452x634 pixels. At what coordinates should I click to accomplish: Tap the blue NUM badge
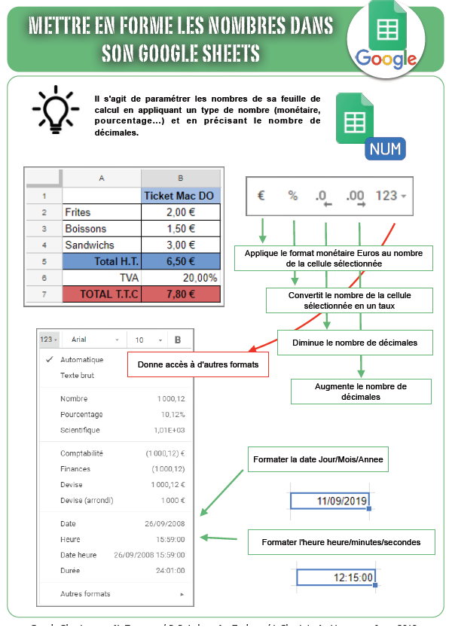point(385,149)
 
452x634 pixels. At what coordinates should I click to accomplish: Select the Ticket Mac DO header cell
point(181,196)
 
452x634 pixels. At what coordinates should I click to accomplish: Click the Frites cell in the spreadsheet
point(102,212)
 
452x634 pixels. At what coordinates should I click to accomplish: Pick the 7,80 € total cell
point(181,294)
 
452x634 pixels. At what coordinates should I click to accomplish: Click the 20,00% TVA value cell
point(181,277)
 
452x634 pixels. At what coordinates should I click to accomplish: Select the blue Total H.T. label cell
point(102,261)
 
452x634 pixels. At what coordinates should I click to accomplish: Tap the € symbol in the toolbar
point(261,196)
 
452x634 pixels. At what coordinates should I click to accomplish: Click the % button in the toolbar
point(293,196)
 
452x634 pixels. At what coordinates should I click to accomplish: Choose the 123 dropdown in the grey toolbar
point(390,196)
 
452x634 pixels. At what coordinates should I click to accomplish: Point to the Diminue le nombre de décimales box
point(355,343)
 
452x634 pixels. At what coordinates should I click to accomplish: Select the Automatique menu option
point(83,360)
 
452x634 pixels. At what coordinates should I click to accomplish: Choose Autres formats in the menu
point(85,594)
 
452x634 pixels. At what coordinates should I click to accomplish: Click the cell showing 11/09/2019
point(330,501)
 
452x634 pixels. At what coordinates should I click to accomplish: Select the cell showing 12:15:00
point(335,578)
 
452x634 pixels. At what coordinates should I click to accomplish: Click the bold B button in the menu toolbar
point(178,340)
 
